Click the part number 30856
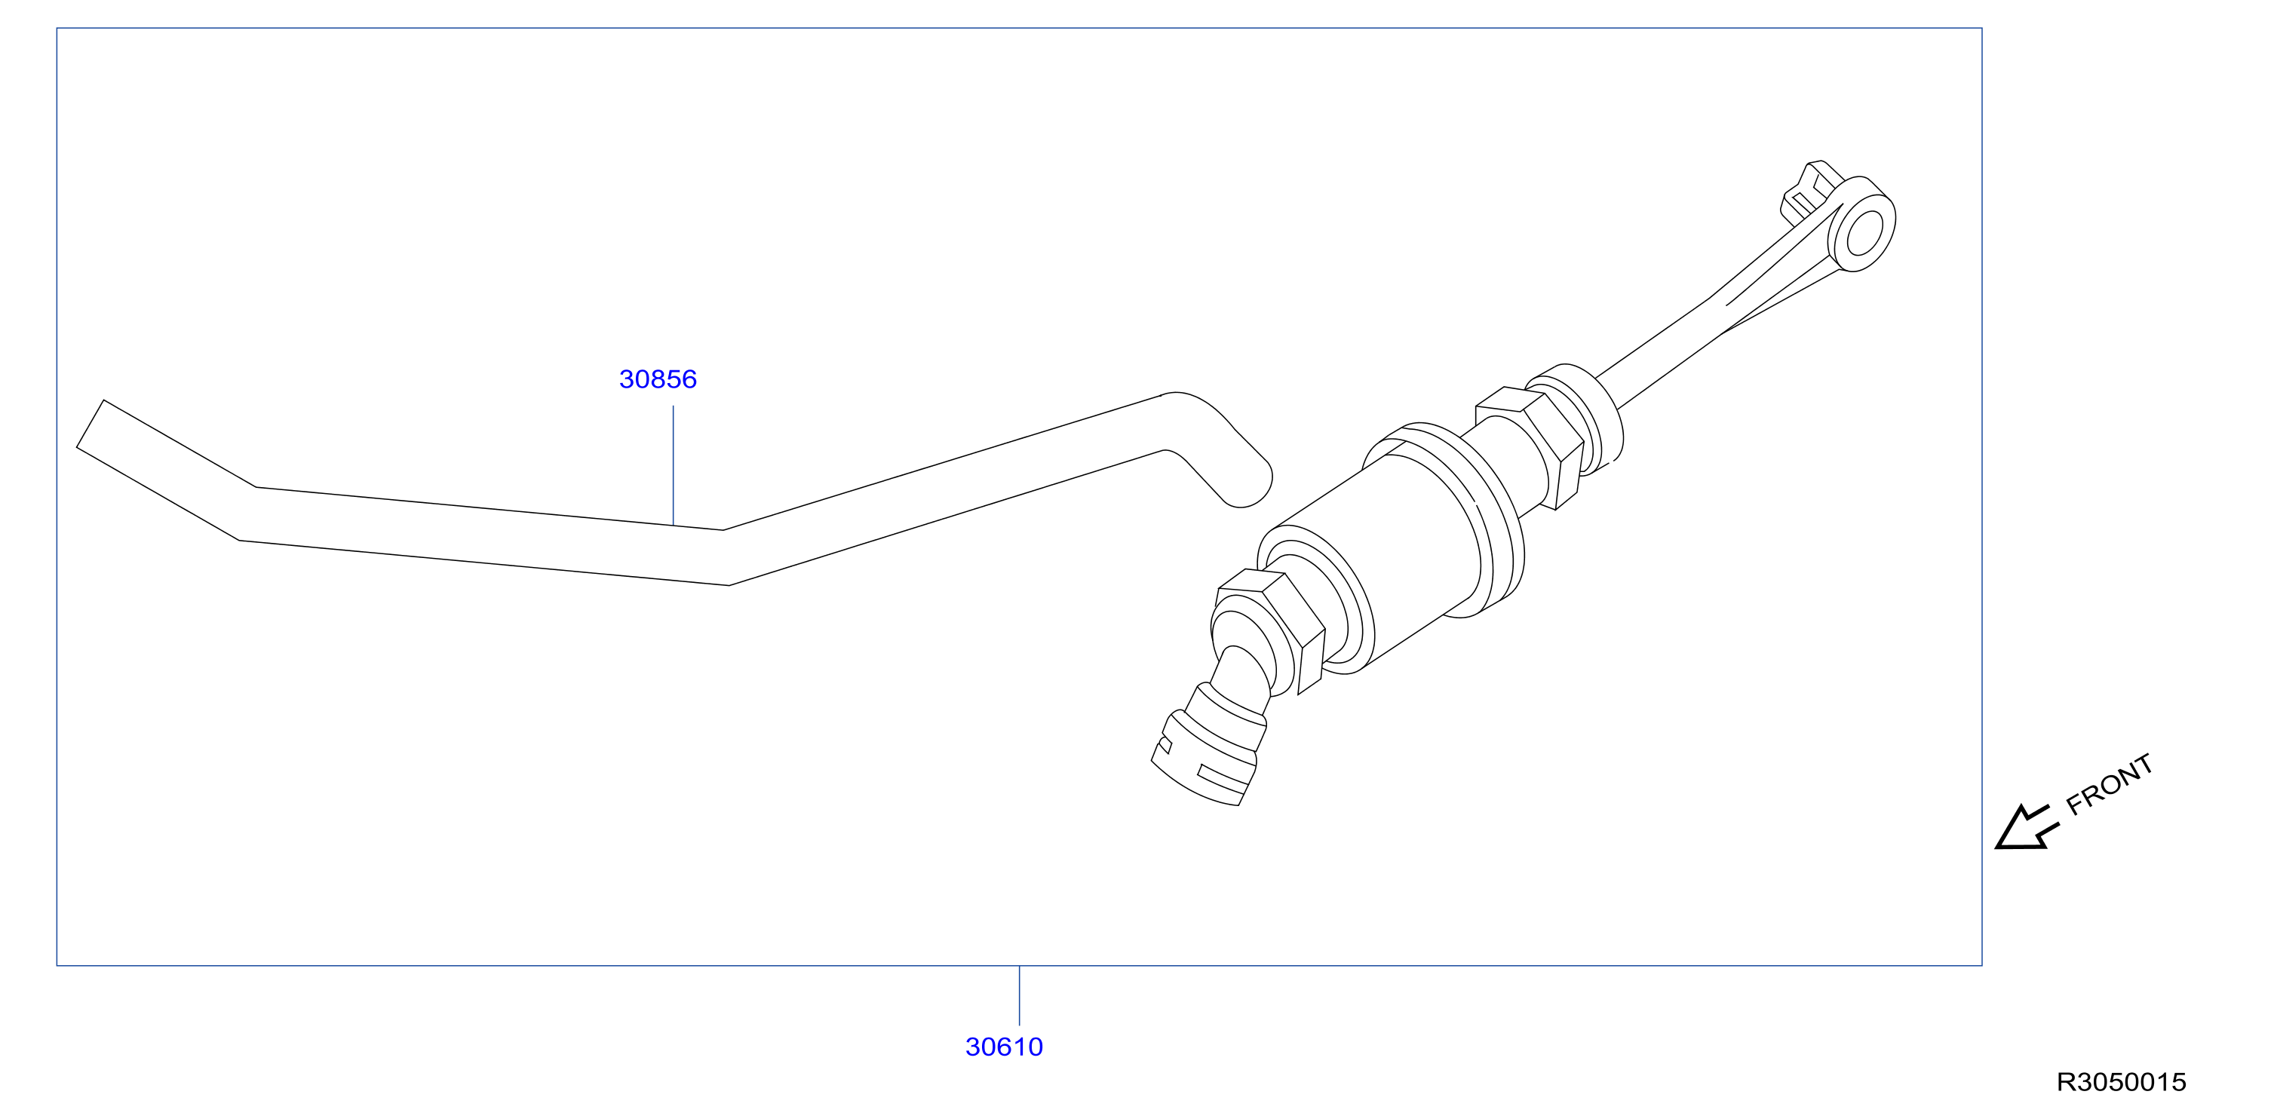pyautogui.click(x=658, y=379)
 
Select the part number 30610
pyautogui.click(x=1004, y=1047)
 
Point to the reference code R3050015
pyautogui.click(x=2122, y=1082)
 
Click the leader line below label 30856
pyautogui.click(x=674, y=465)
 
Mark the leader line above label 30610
pyautogui.click(x=1020, y=995)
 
